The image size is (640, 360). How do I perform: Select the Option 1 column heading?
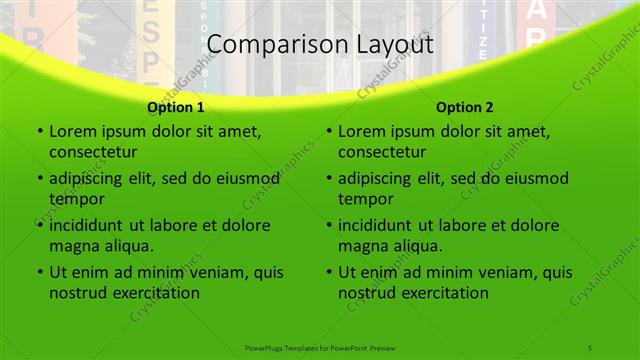[x=176, y=107]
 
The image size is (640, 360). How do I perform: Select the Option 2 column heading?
[x=465, y=107]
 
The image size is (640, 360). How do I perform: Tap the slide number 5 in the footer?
[x=590, y=347]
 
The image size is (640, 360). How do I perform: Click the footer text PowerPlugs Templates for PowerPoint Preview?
[x=319, y=347]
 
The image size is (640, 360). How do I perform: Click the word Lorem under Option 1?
[x=72, y=131]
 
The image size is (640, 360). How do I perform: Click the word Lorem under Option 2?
[x=361, y=131]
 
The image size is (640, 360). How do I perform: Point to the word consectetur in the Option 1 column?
[x=93, y=152]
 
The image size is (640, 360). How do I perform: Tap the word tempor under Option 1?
[x=74, y=199]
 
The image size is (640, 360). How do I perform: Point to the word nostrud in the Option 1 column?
[x=77, y=293]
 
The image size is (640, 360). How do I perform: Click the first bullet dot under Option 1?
[x=39, y=132]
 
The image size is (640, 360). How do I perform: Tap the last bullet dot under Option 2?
[x=328, y=273]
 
